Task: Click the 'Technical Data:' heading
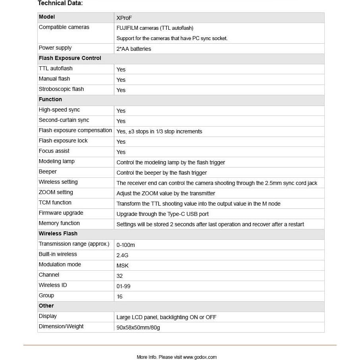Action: click(x=60, y=4)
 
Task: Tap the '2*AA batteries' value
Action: click(x=134, y=49)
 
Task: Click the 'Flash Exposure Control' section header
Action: click(x=70, y=58)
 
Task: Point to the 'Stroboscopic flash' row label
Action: click(x=61, y=89)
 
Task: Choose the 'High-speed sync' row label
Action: click(x=59, y=110)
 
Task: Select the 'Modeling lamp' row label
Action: click(x=56, y=162)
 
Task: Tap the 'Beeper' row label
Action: click(x=48, y=172)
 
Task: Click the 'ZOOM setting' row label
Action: click(x=56, y=193)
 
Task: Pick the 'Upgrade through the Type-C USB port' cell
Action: click(x=162, y=214)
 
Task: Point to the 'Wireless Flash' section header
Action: click(x=58, y=234)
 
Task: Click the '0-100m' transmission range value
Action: click(x=125, y=245)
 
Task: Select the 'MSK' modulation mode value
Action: click(x=122, y=266)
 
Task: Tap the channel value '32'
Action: click(x=119, y=276)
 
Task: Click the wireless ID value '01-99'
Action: click(x=123, y=286)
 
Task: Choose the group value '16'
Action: click(x=119, y=296)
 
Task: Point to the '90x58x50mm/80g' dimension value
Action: click(x=138, y=327)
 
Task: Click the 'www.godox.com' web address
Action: click(x=200, y=357)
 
